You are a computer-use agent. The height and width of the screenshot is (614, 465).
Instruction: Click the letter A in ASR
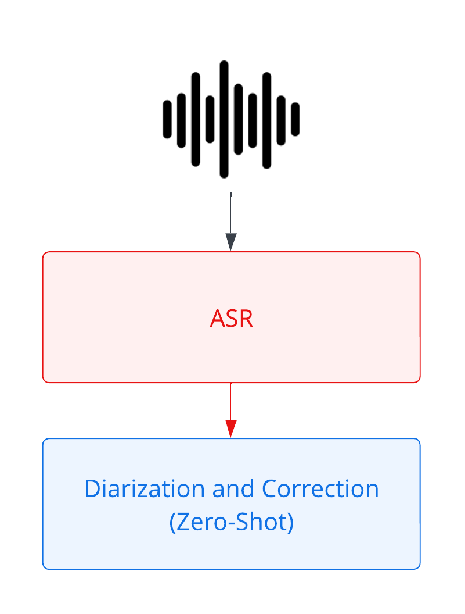(217, 319)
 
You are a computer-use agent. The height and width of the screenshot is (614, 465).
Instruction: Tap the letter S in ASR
(232, 319)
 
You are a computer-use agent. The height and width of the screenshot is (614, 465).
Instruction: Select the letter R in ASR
(246, 319)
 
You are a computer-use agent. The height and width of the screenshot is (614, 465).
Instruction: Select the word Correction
(320, 488)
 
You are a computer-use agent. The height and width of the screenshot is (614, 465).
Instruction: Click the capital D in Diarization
(92, 488)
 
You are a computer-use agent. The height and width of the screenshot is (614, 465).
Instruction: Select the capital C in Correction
(269, 488)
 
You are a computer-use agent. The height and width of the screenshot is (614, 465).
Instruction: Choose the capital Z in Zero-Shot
(182, 522)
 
